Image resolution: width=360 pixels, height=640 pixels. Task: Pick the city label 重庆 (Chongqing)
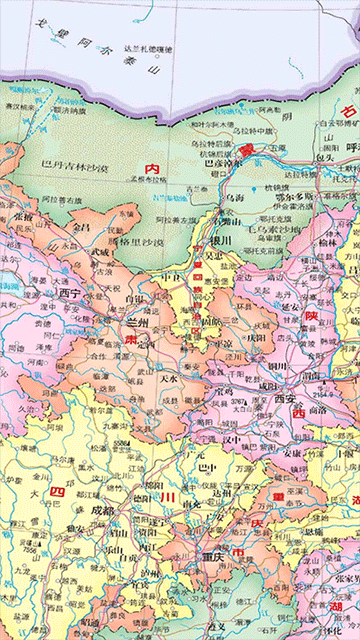210,557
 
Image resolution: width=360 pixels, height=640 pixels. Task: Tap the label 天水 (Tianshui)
170,379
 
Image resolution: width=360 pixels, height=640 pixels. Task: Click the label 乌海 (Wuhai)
233,199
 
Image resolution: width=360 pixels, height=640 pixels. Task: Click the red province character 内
152,170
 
